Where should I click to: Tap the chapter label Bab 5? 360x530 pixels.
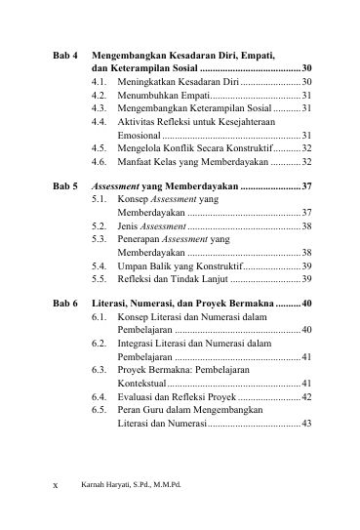pos(65,184)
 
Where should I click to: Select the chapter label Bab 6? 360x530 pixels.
pos(65,305)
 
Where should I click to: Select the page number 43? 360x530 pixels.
pos(306,426)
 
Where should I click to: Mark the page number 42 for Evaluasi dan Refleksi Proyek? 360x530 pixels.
pos(306,398)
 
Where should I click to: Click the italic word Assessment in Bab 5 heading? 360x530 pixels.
pos(119,184)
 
